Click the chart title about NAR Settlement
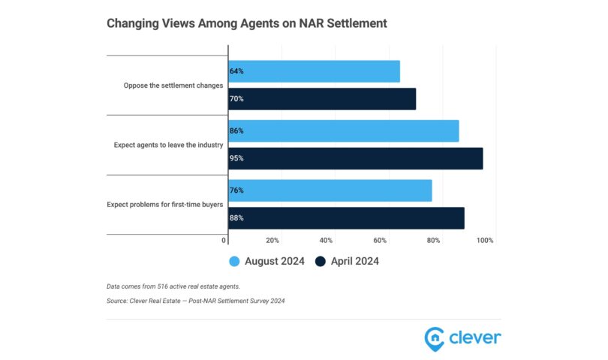[247, 23]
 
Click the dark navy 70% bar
[322, 98]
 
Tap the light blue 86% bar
[343, 130]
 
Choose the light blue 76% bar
[330, 190]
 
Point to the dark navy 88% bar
[346, 217]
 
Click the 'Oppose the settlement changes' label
[173, 85]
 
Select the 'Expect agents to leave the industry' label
[168, 145]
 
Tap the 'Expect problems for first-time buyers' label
[165, 204]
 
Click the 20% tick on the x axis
[272, 241]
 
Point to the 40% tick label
[326, 241]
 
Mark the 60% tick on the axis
[380, 241]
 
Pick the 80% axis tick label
[433, 241]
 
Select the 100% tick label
[485, 241]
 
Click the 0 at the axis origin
[224, 241]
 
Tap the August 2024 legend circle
[234, 261]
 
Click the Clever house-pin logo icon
[433, 337]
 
